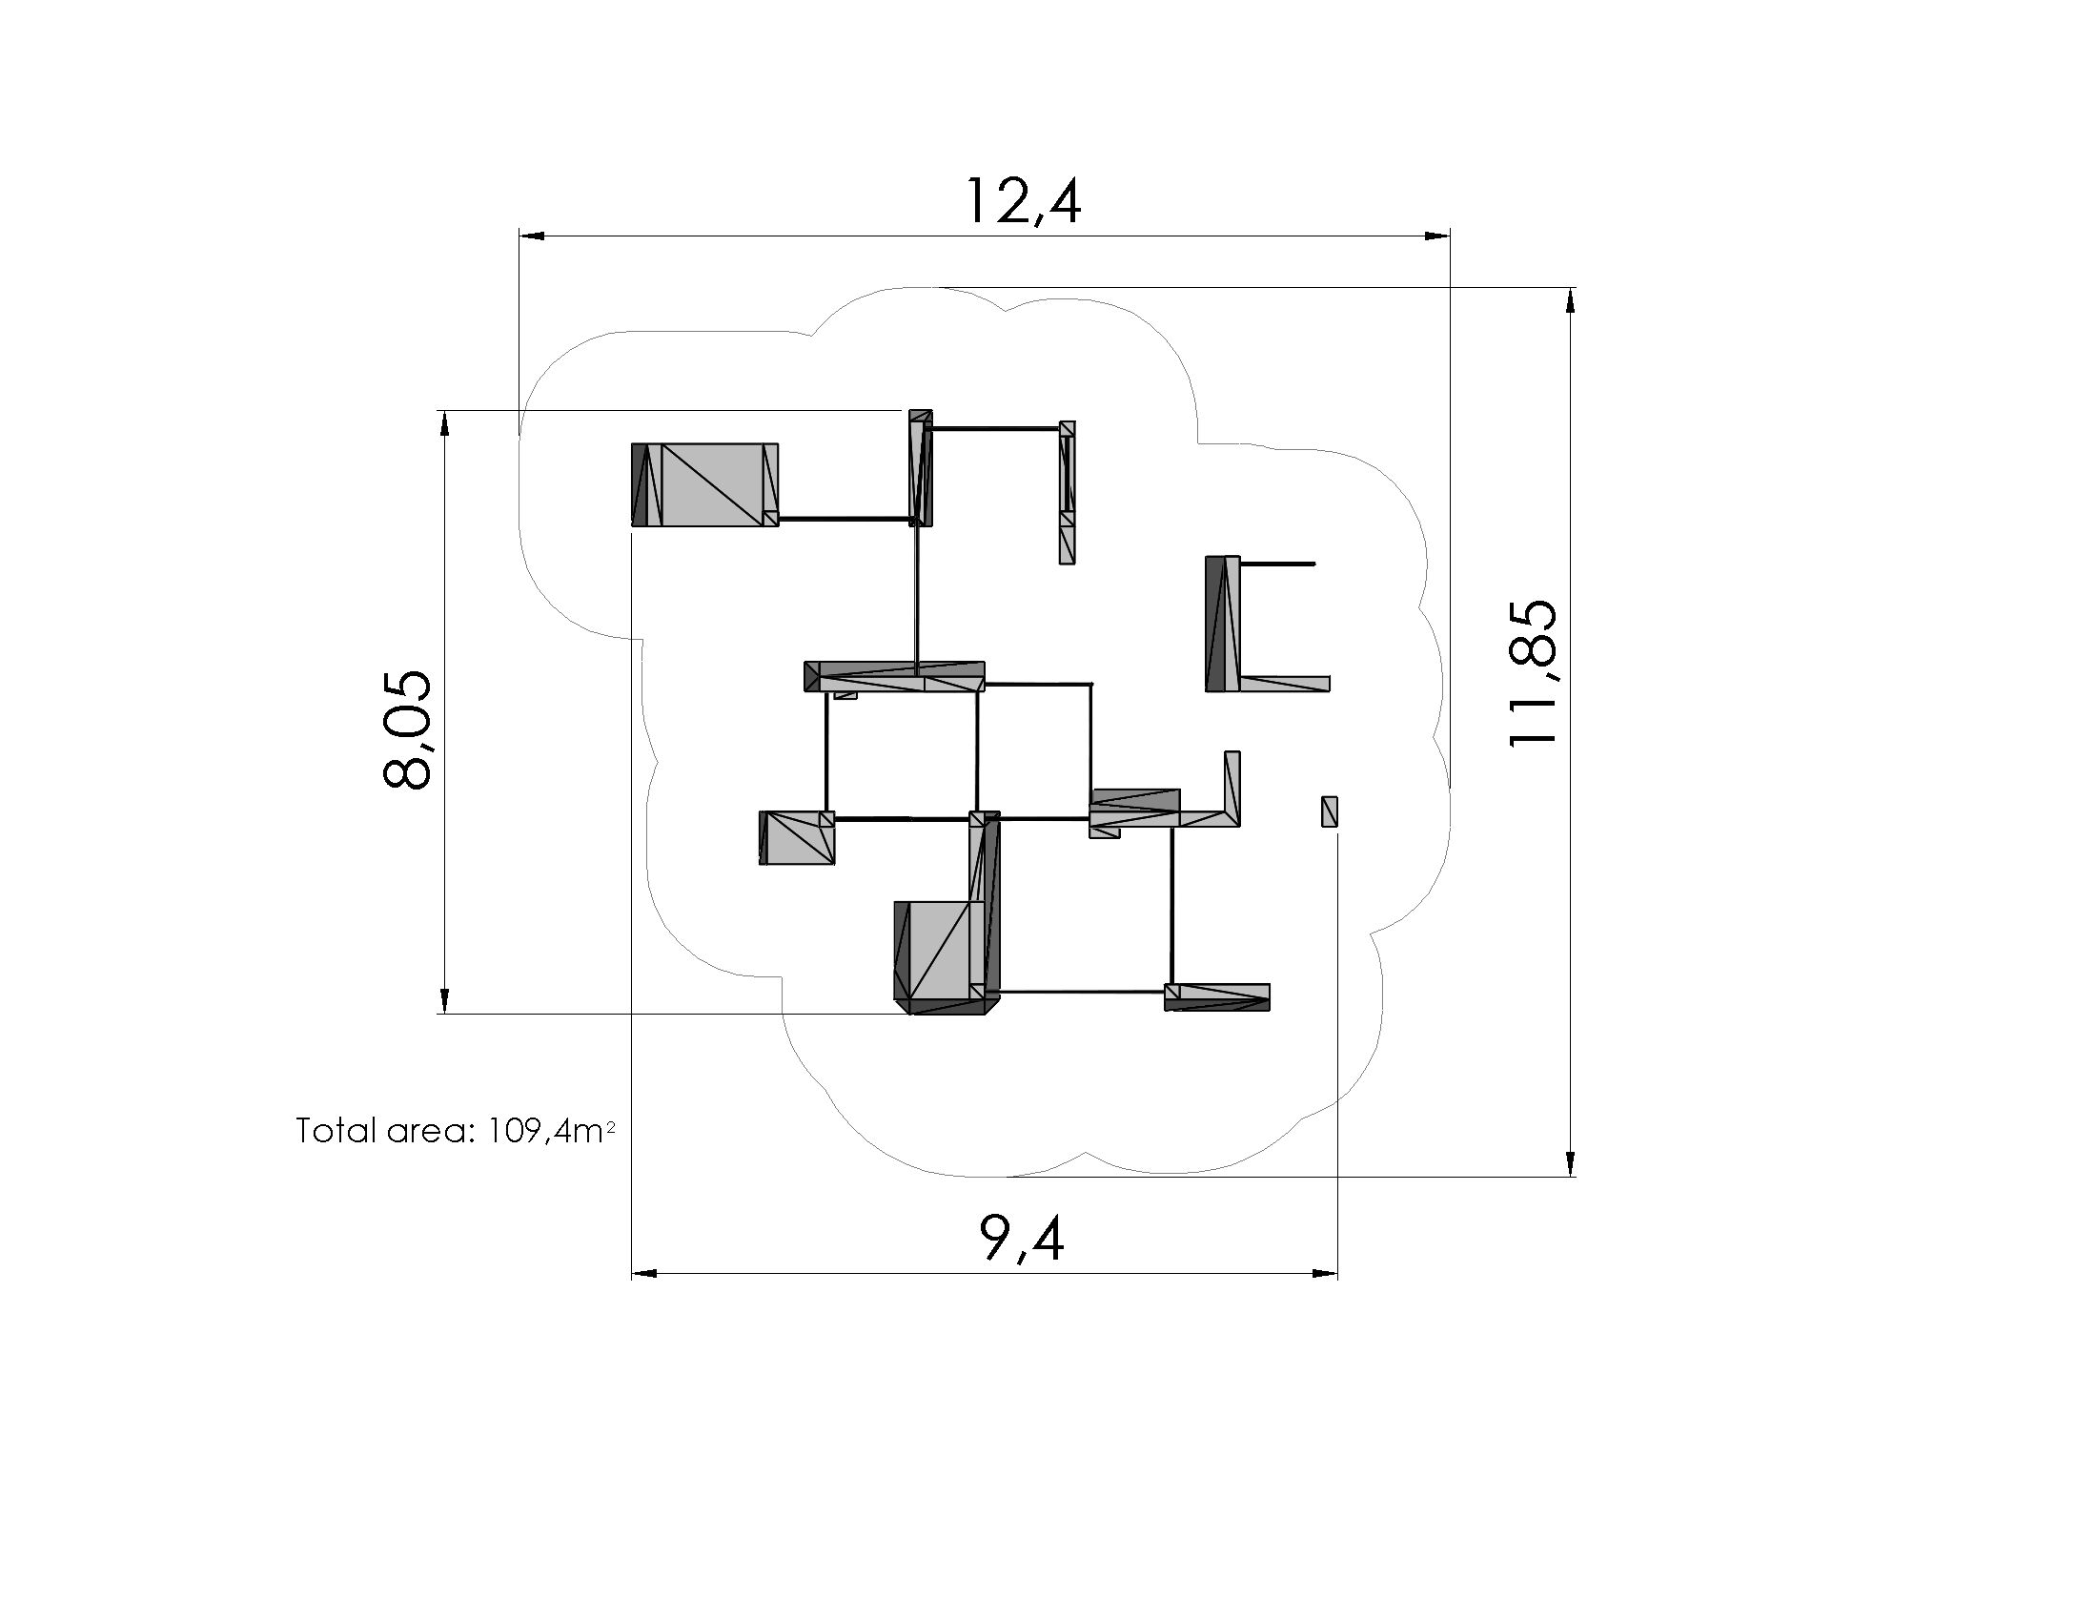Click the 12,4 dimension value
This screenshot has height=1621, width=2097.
(1024, 200)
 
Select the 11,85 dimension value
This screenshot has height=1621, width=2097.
(1533, 672)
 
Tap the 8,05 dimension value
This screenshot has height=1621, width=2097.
(407, 728)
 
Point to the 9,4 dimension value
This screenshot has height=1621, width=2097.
(1022, 1239)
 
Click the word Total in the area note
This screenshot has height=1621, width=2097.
(336, 1130)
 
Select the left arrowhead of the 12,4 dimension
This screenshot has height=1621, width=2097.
(533, 236)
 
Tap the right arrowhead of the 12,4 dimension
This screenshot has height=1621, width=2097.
(1436, 236)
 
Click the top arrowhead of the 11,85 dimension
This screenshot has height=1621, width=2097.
(1571, 300)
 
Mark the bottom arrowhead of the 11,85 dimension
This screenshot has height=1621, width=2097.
(1571, 1163)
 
